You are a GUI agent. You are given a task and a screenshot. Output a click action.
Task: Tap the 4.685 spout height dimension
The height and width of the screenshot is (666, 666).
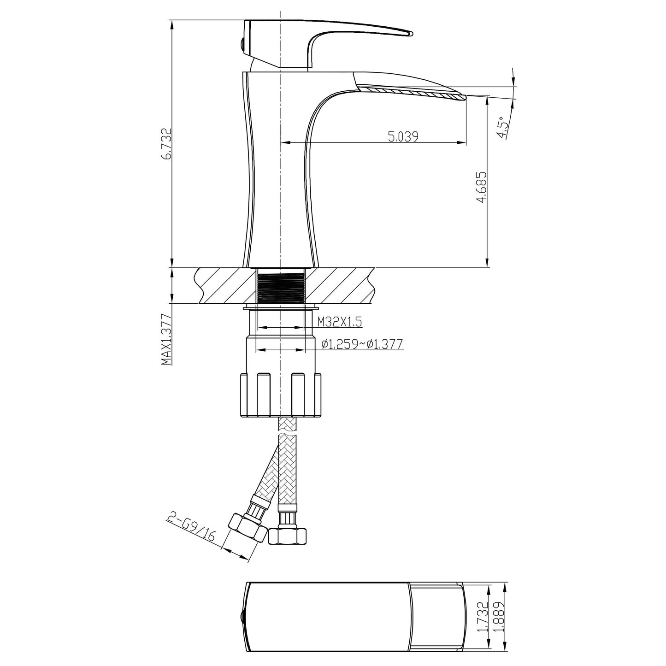pyautogui.click(x=482, y=187)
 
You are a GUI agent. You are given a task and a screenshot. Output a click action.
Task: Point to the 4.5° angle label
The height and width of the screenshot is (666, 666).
pyautogui.click(x=503, y=128)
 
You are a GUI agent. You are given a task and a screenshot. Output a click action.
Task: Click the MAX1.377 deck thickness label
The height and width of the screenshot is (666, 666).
pyautogui.click(x=166, y=340)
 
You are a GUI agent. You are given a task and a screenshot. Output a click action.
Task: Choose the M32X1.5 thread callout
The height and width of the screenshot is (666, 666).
pyautogui.click(x=339, y=322)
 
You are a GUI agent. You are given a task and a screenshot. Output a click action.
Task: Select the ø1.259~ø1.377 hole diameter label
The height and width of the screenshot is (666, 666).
pyautogui.click(x=362, y=344)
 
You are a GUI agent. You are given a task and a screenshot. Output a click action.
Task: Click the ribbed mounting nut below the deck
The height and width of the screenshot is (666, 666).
pyautogui.click(x=281, y=394)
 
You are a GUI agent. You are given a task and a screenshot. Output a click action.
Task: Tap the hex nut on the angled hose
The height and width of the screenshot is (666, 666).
pyautogui.click(x=248, y=529)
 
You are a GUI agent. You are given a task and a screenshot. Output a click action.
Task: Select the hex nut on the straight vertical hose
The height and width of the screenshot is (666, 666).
pyautogui.click(x=287, y=535)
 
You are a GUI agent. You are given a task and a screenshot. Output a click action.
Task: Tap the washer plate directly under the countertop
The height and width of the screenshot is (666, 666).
pyautogui.click(x=281, y=306)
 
